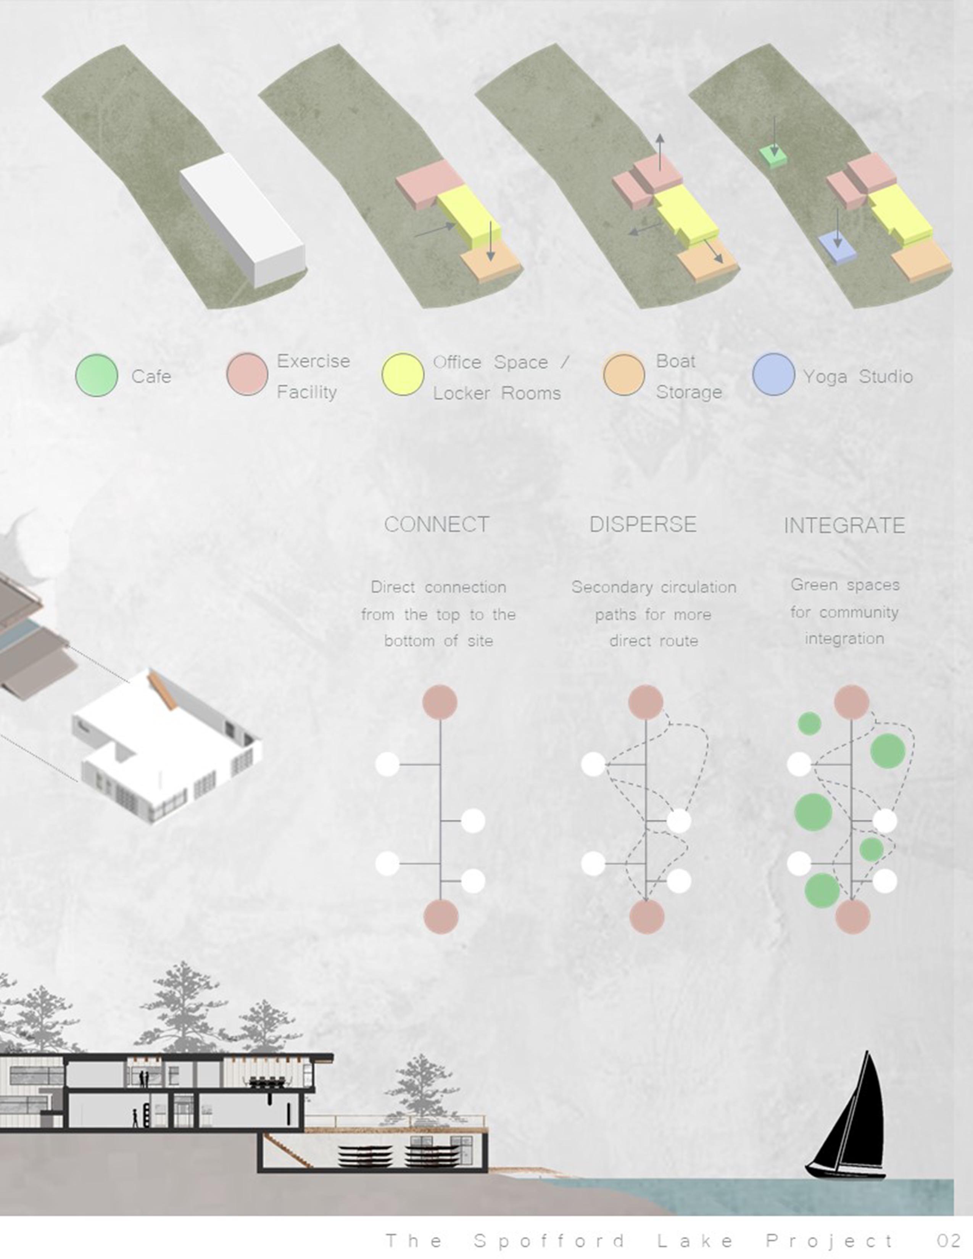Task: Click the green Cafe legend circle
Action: pos(97,375)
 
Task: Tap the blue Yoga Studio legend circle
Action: pos(773,374)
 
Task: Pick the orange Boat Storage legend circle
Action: pos(624,375)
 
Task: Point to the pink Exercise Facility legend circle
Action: pos(247,375)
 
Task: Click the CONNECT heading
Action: pos(437,525)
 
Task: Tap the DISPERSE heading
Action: pos(643,525)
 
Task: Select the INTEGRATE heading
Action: pos(844,526)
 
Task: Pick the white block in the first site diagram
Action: pos(242,219)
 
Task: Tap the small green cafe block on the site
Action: pos(773,156)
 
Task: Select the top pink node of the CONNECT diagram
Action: pos(440,702)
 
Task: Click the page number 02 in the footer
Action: pos(948,1241)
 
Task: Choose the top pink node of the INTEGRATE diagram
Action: pos(851,702)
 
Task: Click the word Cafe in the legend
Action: pos(151,377)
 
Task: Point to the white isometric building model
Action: pos(167,749)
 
